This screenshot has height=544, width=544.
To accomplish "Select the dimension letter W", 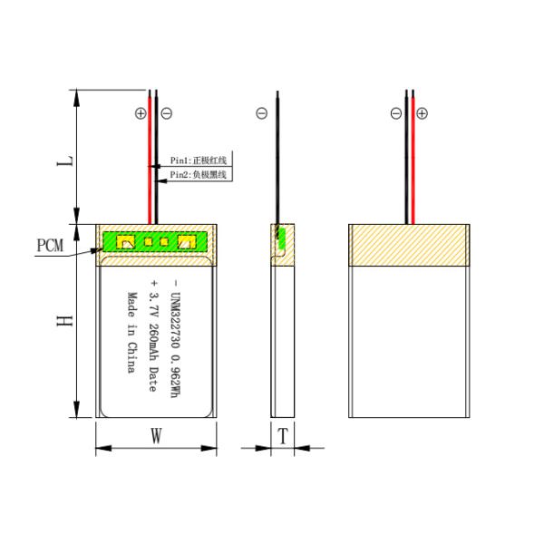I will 156,436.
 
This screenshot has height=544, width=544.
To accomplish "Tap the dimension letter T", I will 283,436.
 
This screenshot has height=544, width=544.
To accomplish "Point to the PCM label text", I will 51,246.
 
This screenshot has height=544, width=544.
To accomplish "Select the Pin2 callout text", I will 198,174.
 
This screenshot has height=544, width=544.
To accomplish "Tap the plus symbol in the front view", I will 140,114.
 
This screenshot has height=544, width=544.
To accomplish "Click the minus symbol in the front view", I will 167,114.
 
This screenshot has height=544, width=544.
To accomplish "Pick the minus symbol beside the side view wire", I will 262,114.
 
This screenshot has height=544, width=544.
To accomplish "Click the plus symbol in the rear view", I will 422,114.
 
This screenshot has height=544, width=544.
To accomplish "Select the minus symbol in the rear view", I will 395,114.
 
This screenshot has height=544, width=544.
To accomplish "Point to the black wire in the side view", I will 277,163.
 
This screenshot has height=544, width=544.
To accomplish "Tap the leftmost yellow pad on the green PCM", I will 127,242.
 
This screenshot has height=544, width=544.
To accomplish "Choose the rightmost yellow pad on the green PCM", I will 188,242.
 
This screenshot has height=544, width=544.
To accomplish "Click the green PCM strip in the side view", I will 280,238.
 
